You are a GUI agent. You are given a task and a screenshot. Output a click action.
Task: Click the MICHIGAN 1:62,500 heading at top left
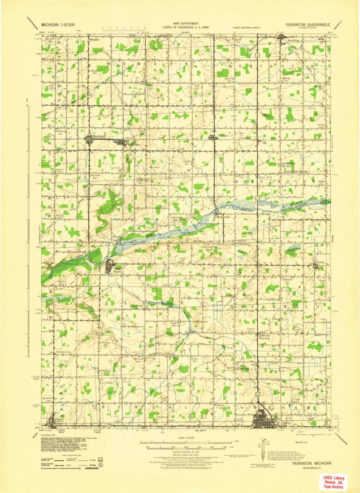click(59, 25)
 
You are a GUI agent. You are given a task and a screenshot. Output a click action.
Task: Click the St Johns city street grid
click(263, 421)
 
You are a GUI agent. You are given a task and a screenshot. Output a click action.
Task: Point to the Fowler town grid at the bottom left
click(55, 421)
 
